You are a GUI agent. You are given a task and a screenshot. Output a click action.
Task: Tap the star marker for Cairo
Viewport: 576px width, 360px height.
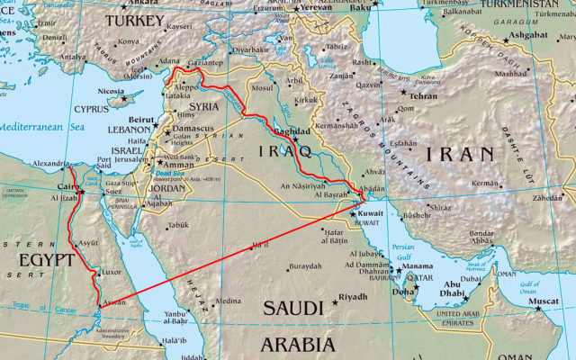tap(81, 191)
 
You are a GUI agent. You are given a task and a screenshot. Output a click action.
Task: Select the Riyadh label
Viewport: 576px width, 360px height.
tap(353, 296)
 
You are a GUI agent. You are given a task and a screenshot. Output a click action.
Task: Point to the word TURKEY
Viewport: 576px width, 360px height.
tap(134, 20)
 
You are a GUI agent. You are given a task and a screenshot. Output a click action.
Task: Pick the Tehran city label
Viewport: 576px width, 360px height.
tap(423, 95)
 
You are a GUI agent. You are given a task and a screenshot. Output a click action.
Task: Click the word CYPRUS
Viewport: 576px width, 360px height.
tap(90, 109)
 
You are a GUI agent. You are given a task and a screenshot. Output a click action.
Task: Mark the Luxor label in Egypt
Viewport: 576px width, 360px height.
tap(111, 271)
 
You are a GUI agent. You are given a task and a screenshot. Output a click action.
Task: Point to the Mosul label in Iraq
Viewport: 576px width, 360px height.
tap(262, 88)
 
